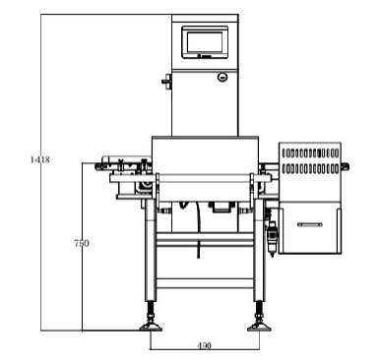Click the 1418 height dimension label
tap(39, 160)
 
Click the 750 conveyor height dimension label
tap(82, 243)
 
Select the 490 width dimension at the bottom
tap(204, 345)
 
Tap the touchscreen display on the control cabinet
tap(205, 42)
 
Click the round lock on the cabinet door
tap(222, 77)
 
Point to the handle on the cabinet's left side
tap(167, 81)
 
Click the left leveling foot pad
tap(151, 327)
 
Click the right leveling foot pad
tap(259, 327)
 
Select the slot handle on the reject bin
tap(310, 224)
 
